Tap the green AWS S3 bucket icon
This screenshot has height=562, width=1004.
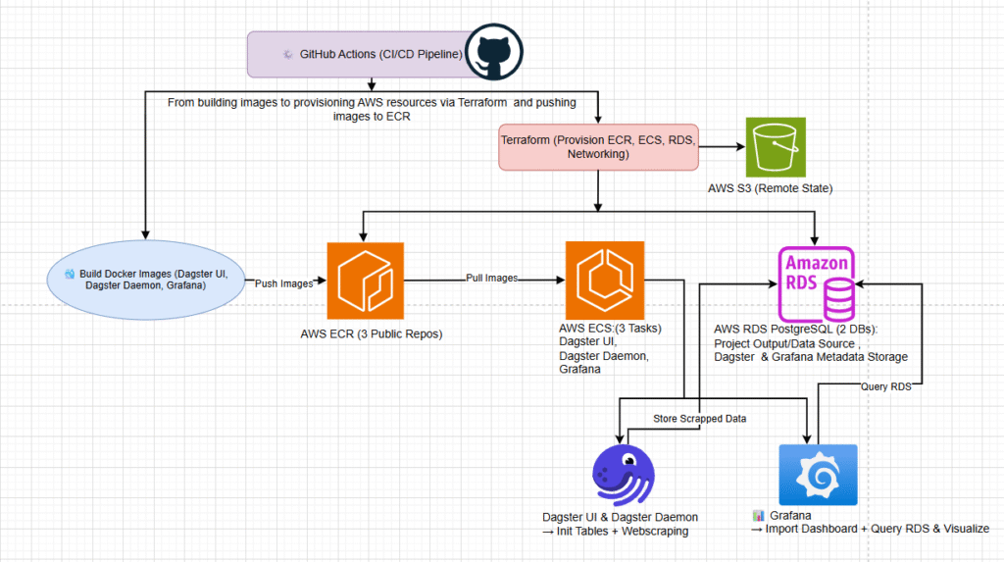point(776,147)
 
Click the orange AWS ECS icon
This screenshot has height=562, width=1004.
point(604,281)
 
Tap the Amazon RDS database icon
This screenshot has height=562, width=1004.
point(815,285)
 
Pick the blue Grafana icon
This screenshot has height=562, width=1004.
point(817,476)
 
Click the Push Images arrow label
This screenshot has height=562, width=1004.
point(285,282)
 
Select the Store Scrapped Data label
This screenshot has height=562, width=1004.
point(699,419)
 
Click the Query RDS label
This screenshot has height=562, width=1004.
point(886,386)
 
